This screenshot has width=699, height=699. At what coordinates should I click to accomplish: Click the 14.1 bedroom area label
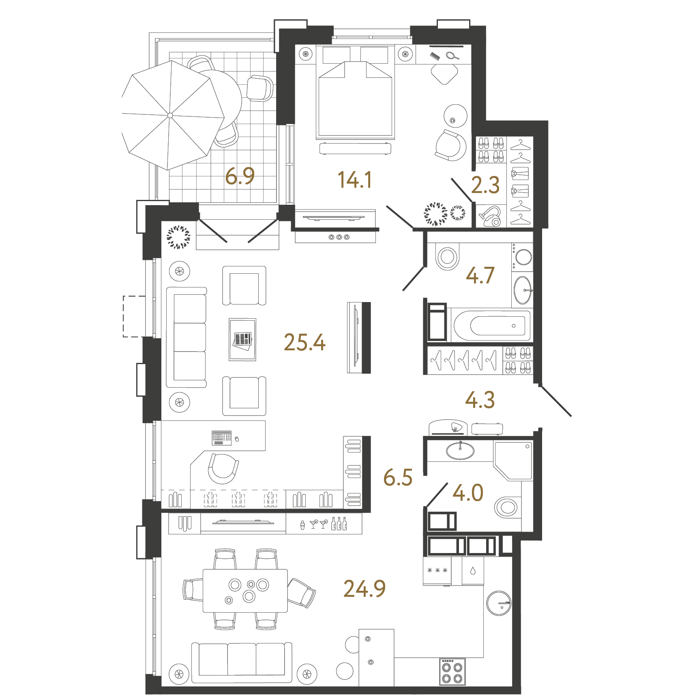[355, 180]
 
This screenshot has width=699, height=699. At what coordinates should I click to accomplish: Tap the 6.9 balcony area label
[240, 176]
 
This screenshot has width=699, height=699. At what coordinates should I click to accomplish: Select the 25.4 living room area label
[304, 342]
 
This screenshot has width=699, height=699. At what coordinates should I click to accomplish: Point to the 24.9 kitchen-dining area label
[364, 589]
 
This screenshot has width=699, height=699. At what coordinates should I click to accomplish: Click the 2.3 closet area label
[485, 185]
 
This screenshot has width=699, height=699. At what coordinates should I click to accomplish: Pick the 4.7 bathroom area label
[480, 276]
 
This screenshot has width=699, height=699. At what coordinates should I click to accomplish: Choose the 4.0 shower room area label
[468, 493]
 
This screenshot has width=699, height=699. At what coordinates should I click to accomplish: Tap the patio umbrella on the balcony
[171, 115]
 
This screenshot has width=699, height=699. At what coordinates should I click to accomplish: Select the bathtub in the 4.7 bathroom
[492, 326]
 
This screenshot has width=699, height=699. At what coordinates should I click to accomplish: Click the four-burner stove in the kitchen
[452, 672]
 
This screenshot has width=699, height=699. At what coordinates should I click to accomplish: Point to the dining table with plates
[245, 590]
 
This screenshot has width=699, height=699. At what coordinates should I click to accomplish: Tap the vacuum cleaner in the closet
[491, 217]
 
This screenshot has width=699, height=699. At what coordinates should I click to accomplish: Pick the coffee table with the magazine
[242, 339]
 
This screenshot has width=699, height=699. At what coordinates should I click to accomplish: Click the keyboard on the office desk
[221, 437]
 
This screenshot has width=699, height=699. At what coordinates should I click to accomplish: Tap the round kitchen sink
[499, 603]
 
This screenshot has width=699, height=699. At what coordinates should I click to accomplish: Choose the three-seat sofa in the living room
[187, 337]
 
